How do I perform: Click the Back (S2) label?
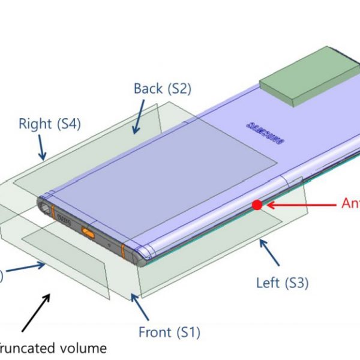[x=162, y=89]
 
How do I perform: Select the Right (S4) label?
[x=49, y=125]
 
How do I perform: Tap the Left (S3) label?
[x=282, y=283]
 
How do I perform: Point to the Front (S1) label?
[x=169, y=331]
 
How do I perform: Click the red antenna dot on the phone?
[x=257, y=205]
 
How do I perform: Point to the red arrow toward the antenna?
[x=300, y=205]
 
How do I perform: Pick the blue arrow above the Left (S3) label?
[x=269, y=252]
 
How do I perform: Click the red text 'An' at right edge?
[x=350, y=203]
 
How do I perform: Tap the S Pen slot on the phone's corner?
[x=45, y=208]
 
